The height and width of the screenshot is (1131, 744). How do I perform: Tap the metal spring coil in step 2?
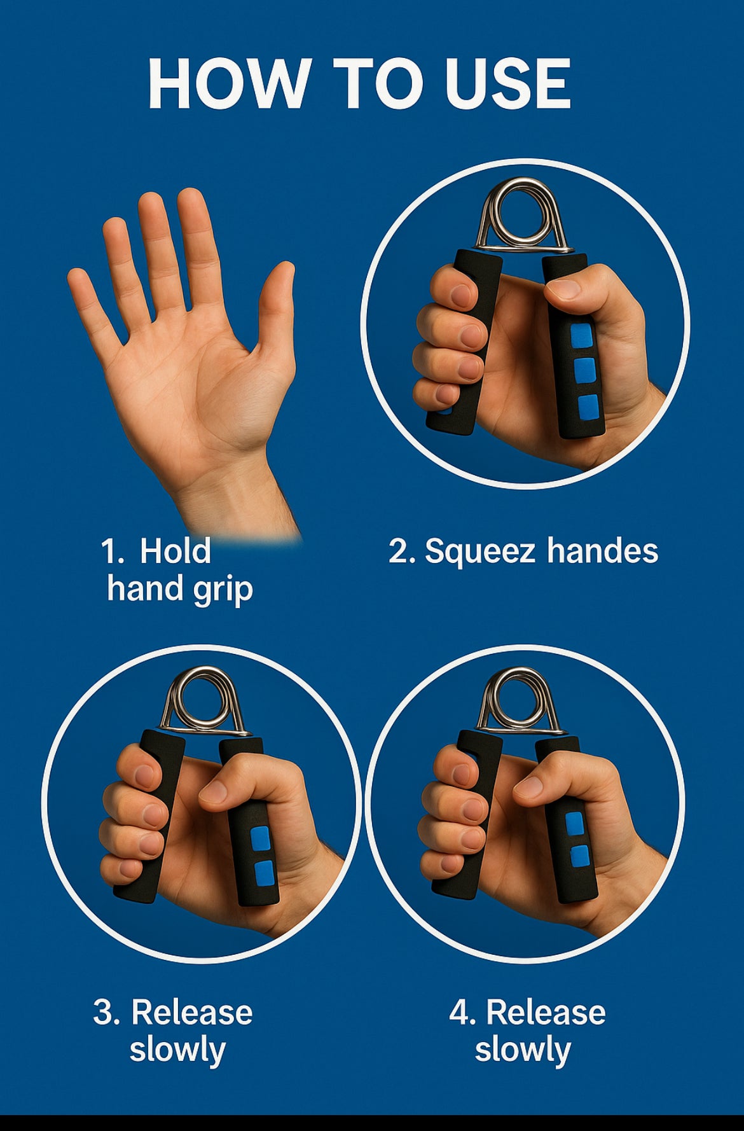tap(522, 216)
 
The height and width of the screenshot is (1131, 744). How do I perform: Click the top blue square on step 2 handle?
tap(582, 335)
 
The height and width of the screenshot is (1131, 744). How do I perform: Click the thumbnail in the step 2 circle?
tap(563, 289)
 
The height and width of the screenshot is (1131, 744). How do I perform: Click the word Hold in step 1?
tap(175, 551)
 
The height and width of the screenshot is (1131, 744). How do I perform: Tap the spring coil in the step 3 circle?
tap(203, 702)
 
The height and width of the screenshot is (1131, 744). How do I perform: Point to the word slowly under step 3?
tap(177, 1050)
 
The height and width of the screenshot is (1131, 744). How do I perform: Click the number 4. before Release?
tap(463, 1012)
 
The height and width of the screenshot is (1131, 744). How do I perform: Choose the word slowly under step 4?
tap(523, 1050)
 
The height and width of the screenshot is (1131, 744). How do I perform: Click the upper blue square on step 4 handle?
tap(575, 823)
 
